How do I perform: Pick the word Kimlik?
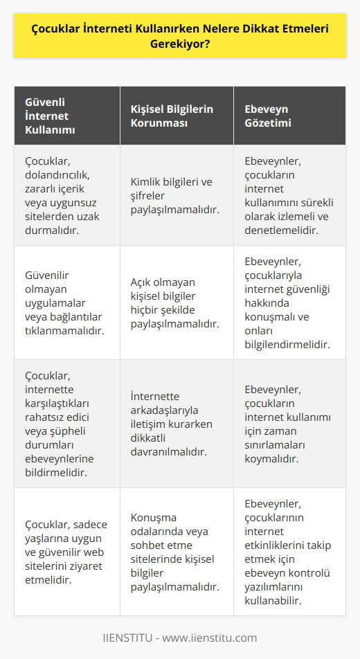point(146,181)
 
